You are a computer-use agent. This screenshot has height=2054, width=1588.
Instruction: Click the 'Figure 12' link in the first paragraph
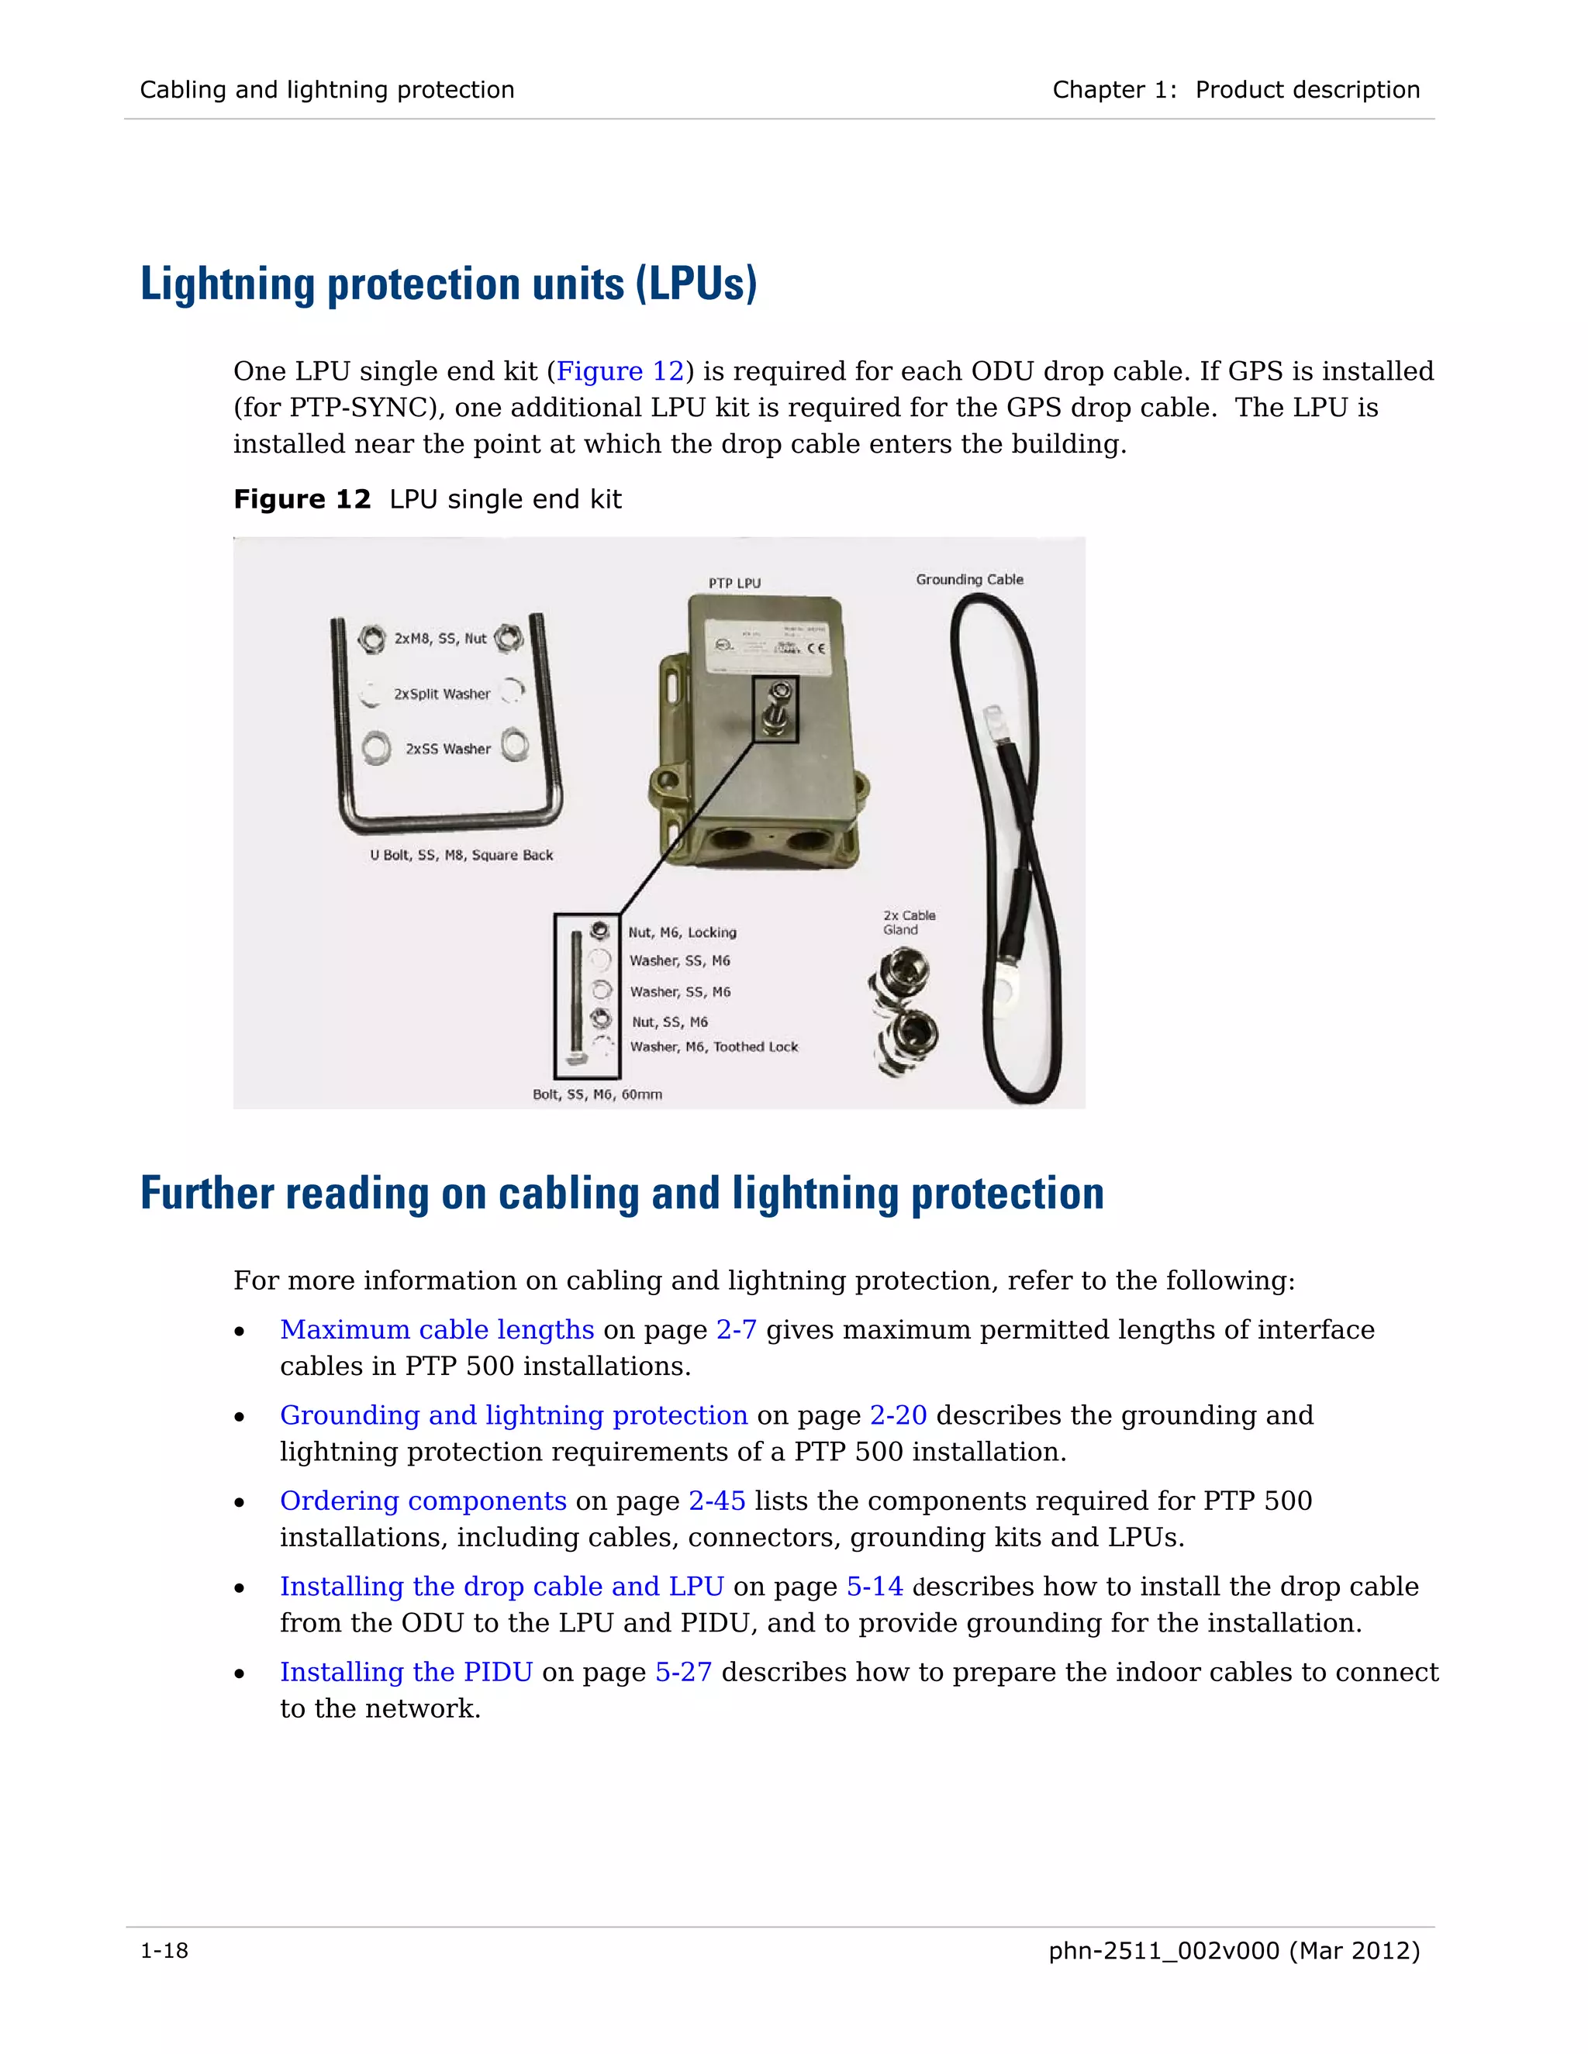click(x=620, y=371)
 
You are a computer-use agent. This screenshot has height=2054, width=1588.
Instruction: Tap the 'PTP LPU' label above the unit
click(x=735, y=583)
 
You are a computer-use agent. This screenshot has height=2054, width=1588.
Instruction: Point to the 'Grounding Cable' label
click(x=969, y=579)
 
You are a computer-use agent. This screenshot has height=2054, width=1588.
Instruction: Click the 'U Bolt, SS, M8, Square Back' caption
click(x=461, y=855)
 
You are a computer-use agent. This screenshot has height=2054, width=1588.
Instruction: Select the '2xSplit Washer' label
click(x=442, y=694)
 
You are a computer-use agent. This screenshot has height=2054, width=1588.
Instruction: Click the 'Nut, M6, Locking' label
click(x=682, y=932)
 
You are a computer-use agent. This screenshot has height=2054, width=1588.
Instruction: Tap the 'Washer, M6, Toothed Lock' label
click(x=713, y=1046)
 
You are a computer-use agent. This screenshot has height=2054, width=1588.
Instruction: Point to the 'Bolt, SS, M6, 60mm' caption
click(x=597, y=1094)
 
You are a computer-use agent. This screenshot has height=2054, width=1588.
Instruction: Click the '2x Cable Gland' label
click(x=908, y=922)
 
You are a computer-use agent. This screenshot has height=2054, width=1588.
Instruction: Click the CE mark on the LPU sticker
click(x=816, y=648)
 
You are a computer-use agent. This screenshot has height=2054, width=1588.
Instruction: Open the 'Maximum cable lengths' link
click(x=437, y=1330)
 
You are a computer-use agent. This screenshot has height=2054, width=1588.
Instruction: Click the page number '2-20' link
click(x=897, y=1415)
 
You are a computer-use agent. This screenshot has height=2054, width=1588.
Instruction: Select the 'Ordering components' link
click(x=423, y=1501)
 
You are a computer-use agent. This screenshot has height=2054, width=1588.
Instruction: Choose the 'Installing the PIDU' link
click(x=406, y=1672)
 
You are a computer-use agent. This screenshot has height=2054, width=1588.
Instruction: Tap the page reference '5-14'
click(x=874, y=1587)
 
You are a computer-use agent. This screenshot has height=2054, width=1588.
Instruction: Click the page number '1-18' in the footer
click(x=164, y=1952)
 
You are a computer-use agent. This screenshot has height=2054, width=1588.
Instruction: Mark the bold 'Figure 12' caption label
click(x=302, y=499)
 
